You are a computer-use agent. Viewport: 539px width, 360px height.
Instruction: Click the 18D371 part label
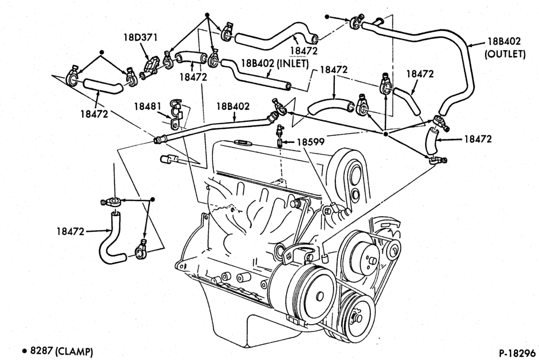(x=140, y=37)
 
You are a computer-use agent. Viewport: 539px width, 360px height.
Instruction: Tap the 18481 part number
(x=148, y=107)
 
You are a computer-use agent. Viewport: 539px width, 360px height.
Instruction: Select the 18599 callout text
(x=311, y=142)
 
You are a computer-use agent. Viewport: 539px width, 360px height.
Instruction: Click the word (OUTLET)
(x=505, y=54)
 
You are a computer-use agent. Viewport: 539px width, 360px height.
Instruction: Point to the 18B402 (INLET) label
(x=275, y=64)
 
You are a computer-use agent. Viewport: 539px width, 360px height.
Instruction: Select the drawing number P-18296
(x=517, y=353)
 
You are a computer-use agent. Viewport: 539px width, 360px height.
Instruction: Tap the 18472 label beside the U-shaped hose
(x=70, y=232)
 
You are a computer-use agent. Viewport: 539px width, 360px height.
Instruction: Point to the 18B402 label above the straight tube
(x=233, y=106)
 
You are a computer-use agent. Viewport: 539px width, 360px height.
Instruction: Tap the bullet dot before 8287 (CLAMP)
(x=24, y=351)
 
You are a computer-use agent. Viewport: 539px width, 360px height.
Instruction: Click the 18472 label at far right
(x=478, y=139)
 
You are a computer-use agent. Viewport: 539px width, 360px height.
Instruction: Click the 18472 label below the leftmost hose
(x=94, y=114)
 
